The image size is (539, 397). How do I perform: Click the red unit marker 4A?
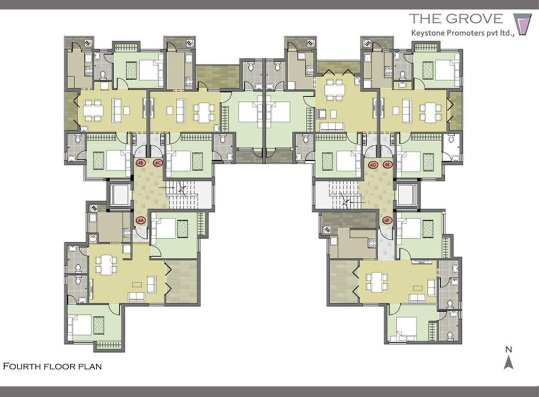pos(141,220)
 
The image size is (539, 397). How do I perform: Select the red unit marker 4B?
pos(141,163)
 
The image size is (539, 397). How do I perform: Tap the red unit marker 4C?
pos(158,163)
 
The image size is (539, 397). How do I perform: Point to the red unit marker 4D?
pos(372,165)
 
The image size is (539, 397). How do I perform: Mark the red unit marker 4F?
pos(387,220)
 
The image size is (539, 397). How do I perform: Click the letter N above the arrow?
pos(508,349)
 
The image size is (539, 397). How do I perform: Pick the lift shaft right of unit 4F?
pos(407,195)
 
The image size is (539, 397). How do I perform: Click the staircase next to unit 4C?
pos(189,195)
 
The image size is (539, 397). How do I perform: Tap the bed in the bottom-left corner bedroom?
pos(82,325)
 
